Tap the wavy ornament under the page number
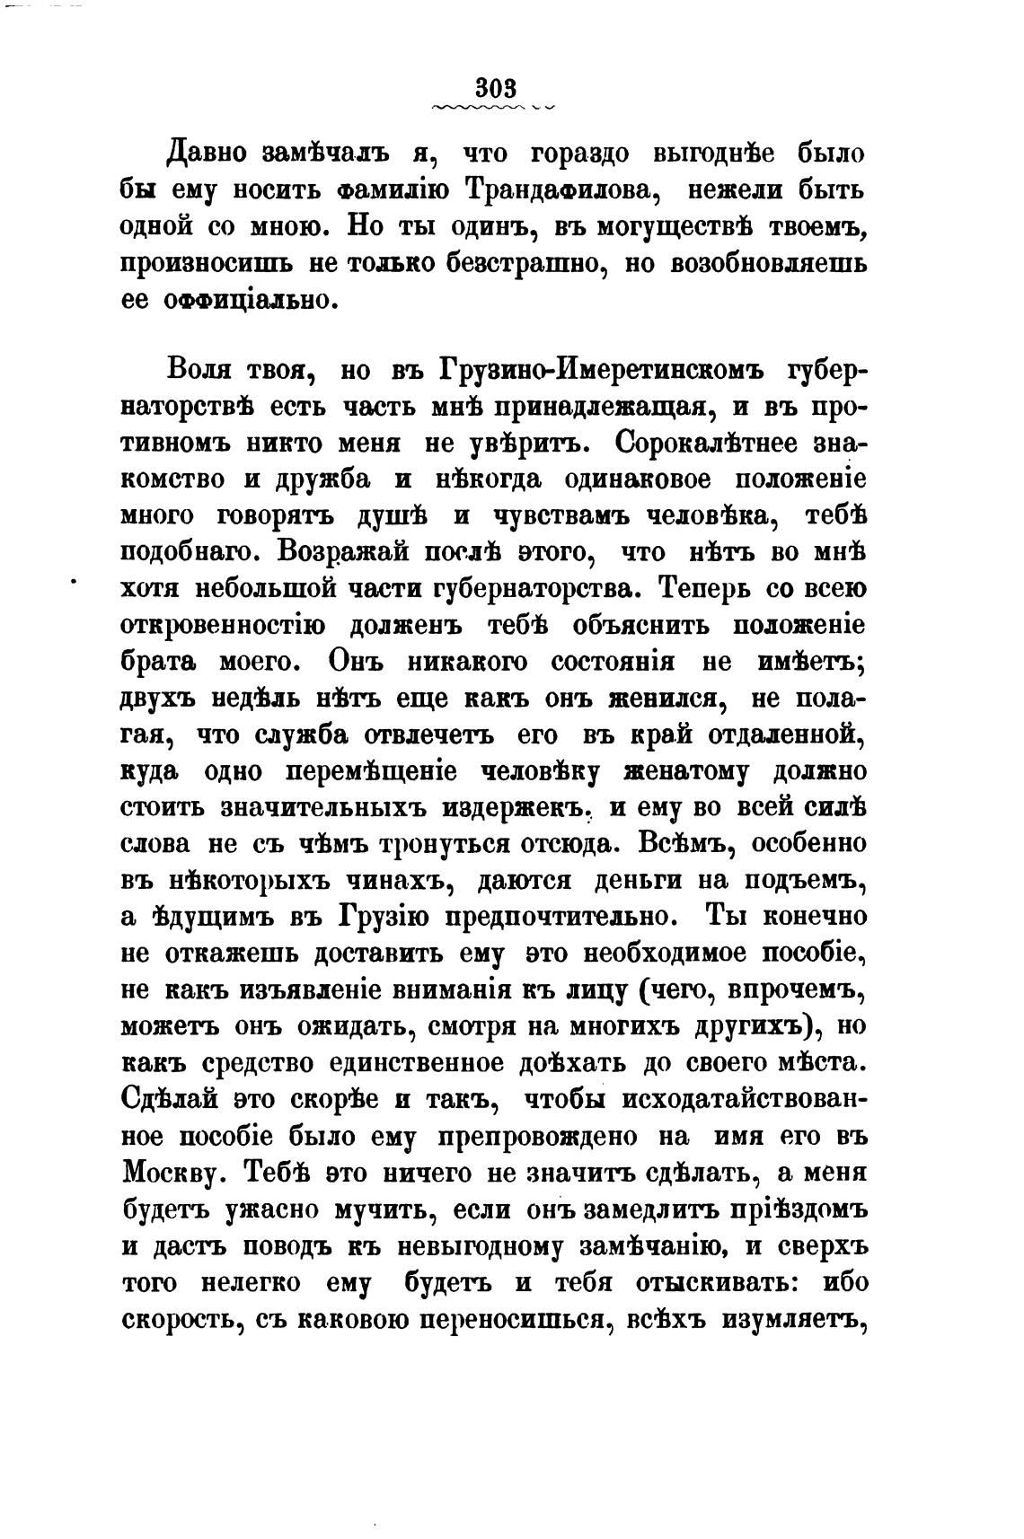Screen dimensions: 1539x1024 pyautogui.click(x=493, y=108)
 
